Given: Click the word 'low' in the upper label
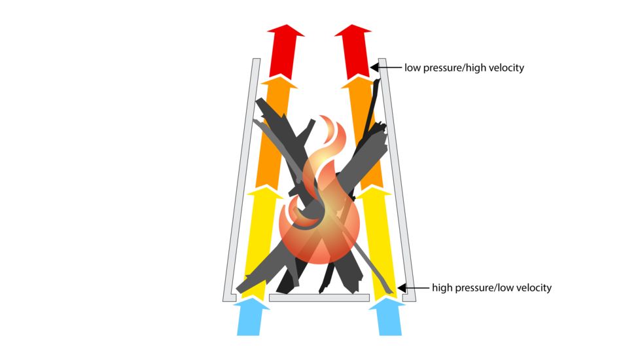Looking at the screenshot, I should [412, 67].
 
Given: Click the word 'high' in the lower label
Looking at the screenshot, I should [443, 287].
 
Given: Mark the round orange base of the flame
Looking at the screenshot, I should [321, 236].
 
